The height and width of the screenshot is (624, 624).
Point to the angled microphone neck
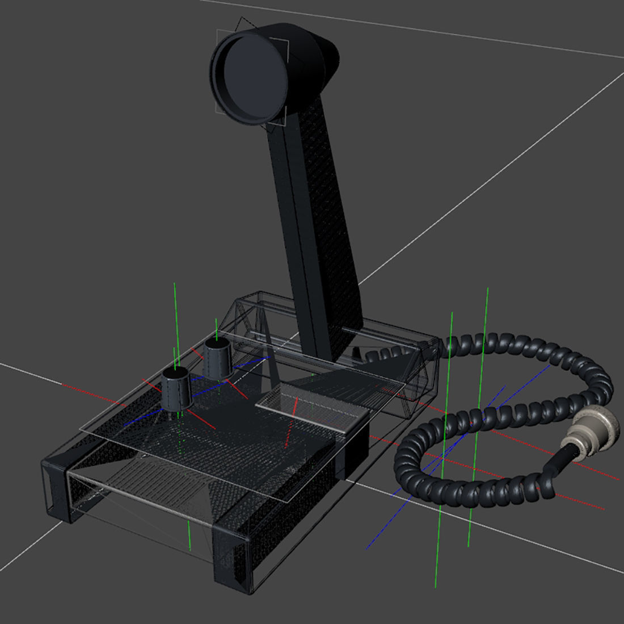pyautogui.click(x=318, y=227)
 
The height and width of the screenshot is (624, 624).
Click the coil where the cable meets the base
pyautogui.click(x=386, y=355)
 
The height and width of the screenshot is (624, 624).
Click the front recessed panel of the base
pyautogui.click(x=136, y=494)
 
